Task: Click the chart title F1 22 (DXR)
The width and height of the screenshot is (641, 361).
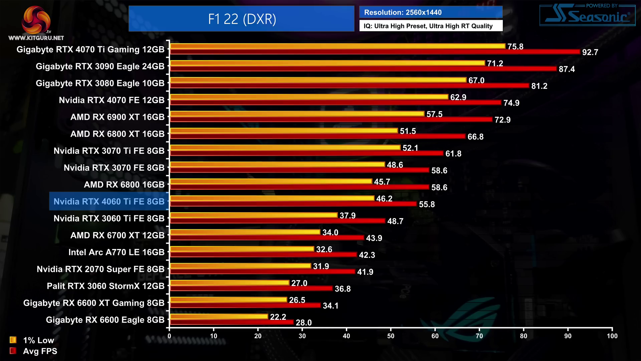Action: point(242,19)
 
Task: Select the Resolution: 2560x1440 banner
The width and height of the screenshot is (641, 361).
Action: point(430,12)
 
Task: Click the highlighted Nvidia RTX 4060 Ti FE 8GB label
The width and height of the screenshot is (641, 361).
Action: point(109,202)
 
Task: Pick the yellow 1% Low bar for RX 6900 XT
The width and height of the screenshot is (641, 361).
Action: point(297,114)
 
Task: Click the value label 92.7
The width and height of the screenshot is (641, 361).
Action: point(590,52)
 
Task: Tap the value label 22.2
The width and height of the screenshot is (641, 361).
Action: point(278,317)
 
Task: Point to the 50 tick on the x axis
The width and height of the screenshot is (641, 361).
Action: point(391,336)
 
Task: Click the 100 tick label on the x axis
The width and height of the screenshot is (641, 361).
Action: point(612,336)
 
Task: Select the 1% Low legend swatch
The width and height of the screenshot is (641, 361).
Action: point(13,340)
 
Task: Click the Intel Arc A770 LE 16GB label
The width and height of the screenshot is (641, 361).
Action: point(117,252)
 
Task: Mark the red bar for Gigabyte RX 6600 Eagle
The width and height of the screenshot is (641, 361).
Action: point(232,322)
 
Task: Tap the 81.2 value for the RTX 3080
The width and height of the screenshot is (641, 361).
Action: point(539,86)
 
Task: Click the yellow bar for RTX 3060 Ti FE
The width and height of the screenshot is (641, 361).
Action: point(254,215)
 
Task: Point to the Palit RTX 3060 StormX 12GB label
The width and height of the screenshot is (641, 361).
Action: point(105,286)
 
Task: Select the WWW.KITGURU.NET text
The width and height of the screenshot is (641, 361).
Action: point(36,38)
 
